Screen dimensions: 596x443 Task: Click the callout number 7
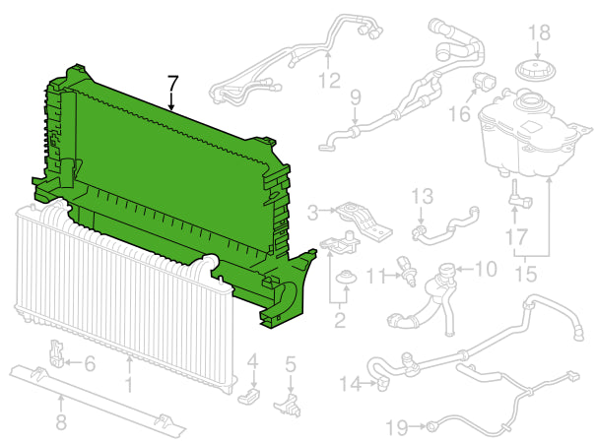coord(172,83)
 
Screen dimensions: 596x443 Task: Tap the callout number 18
coord(540,32)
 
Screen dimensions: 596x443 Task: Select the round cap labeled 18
coord(535,70)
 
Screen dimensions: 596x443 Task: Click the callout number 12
coord(329,80)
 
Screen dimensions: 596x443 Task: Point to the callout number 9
coord(356,97)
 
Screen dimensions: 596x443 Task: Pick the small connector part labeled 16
coord(484,82)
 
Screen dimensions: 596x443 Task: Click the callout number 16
coord(459,113)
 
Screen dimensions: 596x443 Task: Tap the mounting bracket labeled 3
coord(364,221)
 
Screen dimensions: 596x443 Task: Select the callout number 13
coord(423,196)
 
